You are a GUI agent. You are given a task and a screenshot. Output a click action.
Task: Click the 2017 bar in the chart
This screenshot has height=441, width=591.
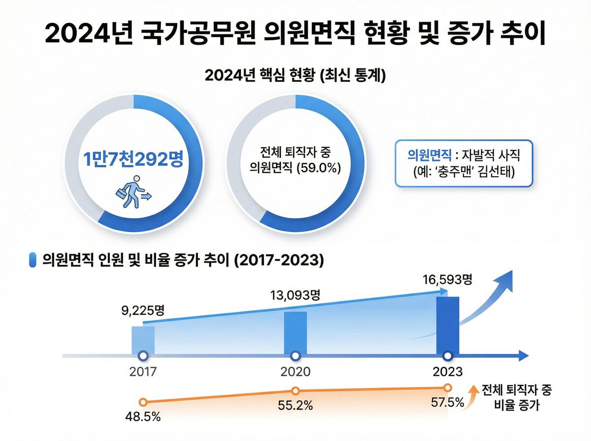pyautogui.click(x=143, y=339)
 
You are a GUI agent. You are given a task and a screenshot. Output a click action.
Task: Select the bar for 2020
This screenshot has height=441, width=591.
pyautogui.click(x=295, y=332)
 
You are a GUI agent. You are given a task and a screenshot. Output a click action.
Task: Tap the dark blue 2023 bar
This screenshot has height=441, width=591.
pyautogui.click(x=448, y=325)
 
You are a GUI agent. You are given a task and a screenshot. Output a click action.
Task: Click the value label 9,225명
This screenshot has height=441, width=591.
pyautogui.click(x=143, y=311)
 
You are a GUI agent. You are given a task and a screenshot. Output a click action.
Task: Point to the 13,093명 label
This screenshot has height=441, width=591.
pyautogui.click(x=295, y=295)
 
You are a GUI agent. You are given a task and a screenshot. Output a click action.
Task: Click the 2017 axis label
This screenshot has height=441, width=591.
pyautogui.click(x=143, y=372)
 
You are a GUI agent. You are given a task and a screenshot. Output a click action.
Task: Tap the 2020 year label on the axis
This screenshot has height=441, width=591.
pyautogui.click(x=295, y=372)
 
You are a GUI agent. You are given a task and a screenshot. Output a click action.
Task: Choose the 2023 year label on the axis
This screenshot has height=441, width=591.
pyautogui.click(x=448, y=372)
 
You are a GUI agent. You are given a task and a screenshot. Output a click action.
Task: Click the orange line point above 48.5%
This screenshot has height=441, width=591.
pyautogui.click(x=143, y=402)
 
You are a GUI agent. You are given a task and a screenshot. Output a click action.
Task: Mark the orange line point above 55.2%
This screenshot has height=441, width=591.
pyautogui.click(x=295, y=391)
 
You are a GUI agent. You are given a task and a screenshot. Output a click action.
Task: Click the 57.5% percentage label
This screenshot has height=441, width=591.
pyautogui.click(x=448, y=403)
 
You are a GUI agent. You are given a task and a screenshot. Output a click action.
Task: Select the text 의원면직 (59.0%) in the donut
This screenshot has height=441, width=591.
pyautogui.click(x=295, y=167)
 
